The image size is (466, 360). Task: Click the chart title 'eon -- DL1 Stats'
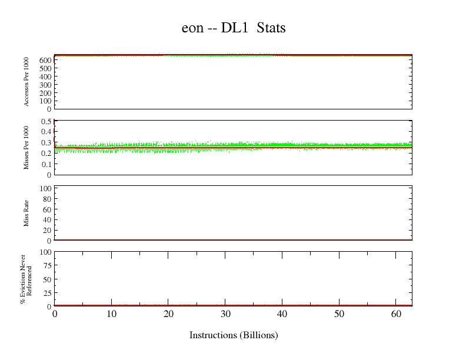coord(234,28)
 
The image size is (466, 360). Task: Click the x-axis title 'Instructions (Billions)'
coord(234,335)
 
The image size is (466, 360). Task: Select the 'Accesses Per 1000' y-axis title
coord(26,82)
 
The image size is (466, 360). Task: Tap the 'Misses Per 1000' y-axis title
coord(26,148)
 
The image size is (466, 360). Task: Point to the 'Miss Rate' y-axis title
coord(26,213)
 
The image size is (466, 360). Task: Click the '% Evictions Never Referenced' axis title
coord(25,279)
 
